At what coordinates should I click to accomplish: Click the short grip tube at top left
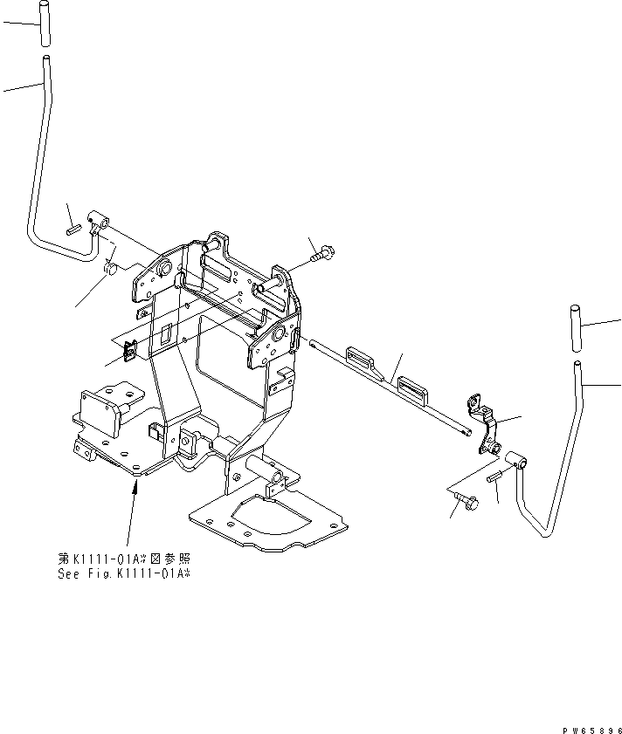point(44,24)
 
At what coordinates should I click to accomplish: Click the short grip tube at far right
point(576,326)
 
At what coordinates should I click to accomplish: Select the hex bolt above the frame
point(324,254)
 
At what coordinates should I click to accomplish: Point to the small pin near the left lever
point(74,230)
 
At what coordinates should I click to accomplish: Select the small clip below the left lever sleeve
point(111,265)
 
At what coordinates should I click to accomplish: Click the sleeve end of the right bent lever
point(514,459)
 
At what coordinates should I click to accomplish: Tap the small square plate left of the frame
point(129,350)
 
